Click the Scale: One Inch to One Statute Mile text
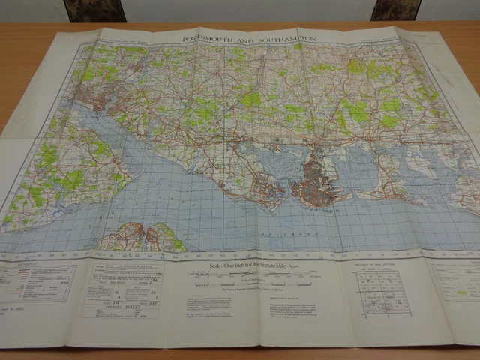(x=244, y=266)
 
